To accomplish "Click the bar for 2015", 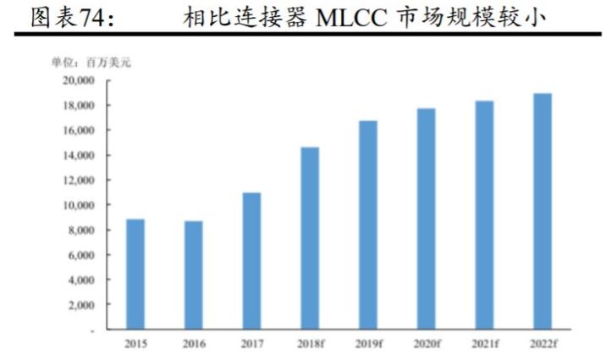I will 135,274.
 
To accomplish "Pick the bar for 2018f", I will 310,238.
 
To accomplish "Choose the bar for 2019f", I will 368,224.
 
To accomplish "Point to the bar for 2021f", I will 484,215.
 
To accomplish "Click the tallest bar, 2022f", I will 542,211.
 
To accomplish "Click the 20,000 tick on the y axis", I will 78,80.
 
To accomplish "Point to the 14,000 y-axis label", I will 78,155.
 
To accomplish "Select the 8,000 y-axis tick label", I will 80,230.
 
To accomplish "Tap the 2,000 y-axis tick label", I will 80,304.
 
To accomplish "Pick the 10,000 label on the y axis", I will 78,205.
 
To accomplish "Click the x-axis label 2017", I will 251,344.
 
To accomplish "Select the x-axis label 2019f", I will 368,344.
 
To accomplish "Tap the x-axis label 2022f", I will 543,344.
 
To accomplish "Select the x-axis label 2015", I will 135,344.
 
